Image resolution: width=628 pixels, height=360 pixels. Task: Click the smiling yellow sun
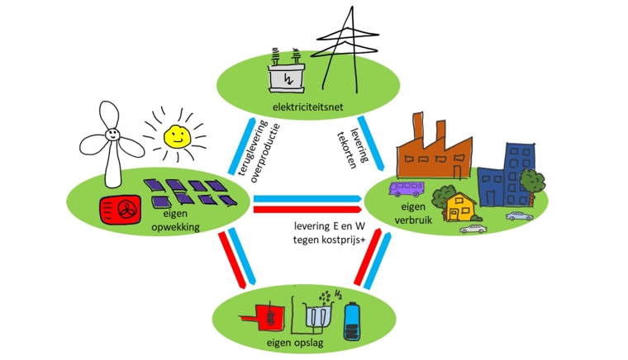tap(178, 136)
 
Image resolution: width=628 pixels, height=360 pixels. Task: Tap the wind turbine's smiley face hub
tap(112, 134)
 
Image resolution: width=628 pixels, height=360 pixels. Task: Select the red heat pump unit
tap(120, 210)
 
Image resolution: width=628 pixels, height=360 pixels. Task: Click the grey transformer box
tap(287, 78)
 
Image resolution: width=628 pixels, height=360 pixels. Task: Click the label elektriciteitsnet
tap(307, 107)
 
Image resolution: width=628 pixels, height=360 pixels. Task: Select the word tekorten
tap(347, 149)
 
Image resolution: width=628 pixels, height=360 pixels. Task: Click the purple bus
tap(406, 189)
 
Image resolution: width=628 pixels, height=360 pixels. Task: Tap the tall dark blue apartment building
tap(520, 173)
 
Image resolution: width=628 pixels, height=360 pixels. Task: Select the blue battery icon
tap(352, 321)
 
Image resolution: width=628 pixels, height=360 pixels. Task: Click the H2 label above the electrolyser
tap(338, 296)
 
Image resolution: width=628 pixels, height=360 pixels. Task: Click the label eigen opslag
tap(295, 343)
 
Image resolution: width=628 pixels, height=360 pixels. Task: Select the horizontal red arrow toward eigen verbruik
tap(307, 209)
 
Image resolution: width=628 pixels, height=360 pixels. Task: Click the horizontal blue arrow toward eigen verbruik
tap(307, 199)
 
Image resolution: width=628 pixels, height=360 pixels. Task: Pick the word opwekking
tap(175, 228)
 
